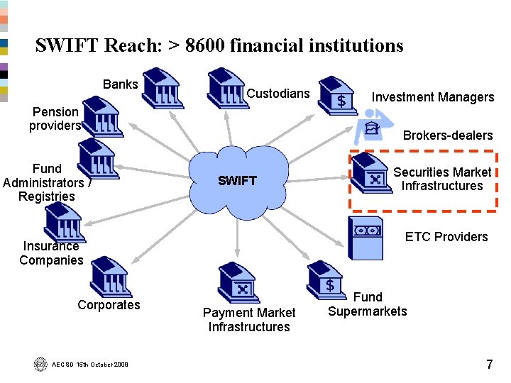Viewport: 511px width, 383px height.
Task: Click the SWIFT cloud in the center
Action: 238,180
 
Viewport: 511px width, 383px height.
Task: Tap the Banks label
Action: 121,84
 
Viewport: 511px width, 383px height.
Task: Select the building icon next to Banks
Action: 163,86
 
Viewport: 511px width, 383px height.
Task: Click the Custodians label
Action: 278,94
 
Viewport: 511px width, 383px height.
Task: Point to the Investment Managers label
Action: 433,97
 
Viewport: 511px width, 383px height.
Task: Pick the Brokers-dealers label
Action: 448,135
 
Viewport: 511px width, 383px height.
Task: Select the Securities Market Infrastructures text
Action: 442,179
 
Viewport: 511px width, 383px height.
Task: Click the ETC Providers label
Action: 446,237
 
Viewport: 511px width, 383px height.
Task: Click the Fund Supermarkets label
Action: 368,304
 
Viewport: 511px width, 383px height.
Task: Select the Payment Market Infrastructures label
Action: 249,320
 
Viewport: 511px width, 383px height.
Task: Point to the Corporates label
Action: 109,305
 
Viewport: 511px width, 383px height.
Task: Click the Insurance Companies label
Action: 51,253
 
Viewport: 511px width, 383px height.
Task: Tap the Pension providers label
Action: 55,118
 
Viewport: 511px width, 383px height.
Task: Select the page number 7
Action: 489,365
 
